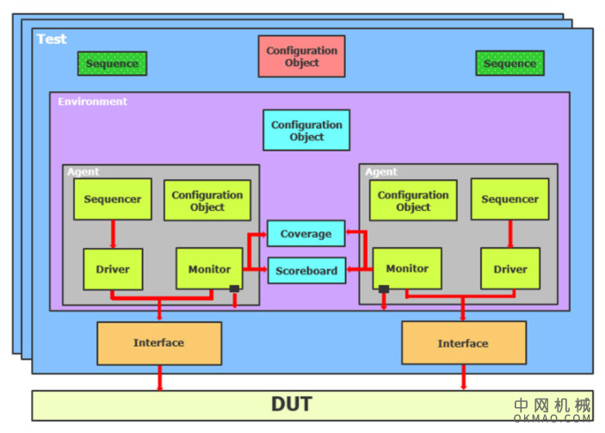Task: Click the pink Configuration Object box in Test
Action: coord(301,56)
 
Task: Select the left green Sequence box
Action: coord(112,63)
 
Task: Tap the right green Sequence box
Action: coord(509,63)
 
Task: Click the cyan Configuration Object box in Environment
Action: coord(306,130)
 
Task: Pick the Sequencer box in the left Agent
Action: coord(113,199)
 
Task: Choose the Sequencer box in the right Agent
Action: coord(509,199)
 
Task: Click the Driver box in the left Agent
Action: coord(113,269)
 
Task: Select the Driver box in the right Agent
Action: coord(509,269)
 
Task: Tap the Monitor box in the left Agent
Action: coord(208,269)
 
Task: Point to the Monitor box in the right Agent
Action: coord(407,269)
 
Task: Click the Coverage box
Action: coord(306,233)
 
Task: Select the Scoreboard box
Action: coord(306,270)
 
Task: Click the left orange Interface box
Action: coord(158,343)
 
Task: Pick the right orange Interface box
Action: coord(463,343)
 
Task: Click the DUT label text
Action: coord(292,404)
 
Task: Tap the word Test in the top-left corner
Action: coord(51,39)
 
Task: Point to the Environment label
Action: coord(92,102)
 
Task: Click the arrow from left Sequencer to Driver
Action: coord(113,233)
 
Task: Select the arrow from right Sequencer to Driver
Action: coord(509,233)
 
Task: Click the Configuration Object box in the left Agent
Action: coord(207,201)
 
